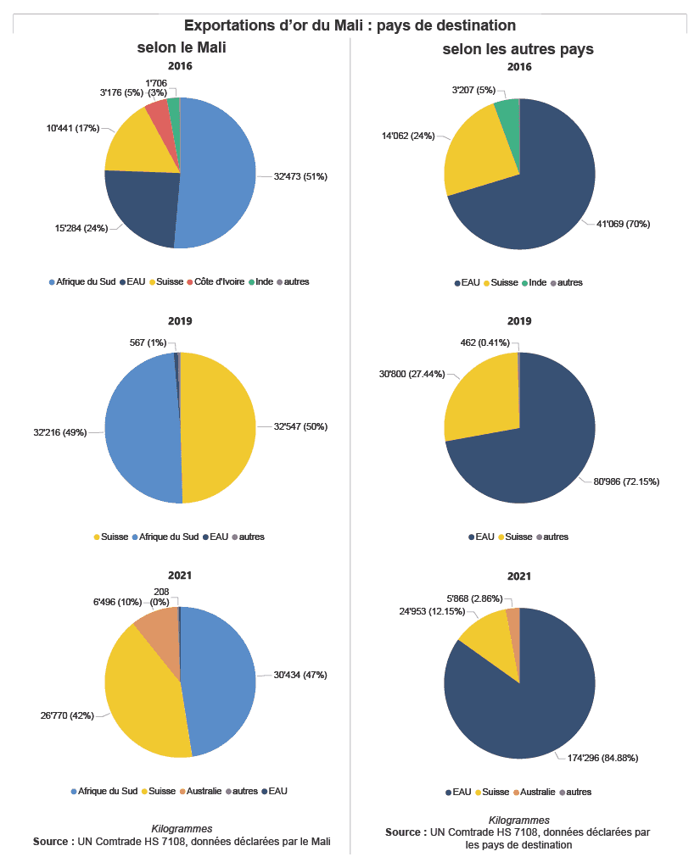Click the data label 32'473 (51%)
point(300,177)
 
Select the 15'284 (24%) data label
point(81,227)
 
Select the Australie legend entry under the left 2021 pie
point(202,791)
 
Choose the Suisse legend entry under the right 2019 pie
point(518,537)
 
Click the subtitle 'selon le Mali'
point(181,49)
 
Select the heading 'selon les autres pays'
point(518,50)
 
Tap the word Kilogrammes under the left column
point(182,828)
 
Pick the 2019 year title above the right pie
point(519,321)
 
